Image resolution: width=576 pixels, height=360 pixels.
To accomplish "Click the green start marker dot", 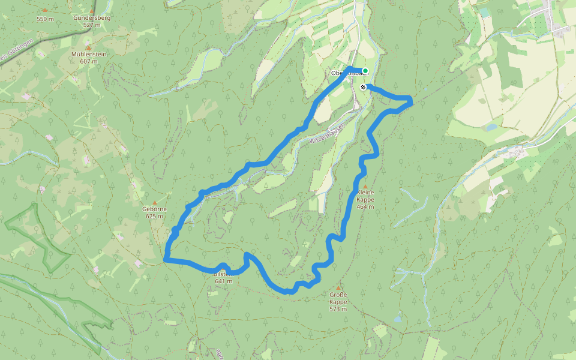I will pos(365,71).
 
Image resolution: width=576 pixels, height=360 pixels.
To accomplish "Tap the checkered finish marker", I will pos(363,87).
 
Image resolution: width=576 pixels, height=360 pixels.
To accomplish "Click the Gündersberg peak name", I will pos(92,18).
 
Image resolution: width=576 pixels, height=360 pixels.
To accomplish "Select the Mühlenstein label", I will pos(88,54).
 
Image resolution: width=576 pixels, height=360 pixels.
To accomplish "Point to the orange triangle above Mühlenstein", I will pos(88,47).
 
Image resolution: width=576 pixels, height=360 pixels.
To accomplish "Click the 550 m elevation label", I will pos(45,19).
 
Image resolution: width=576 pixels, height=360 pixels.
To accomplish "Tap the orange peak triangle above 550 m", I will pos(45,11).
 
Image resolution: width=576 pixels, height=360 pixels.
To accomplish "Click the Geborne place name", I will pos(154,209).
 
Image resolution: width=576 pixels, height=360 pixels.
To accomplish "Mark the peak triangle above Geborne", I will pos(154,202).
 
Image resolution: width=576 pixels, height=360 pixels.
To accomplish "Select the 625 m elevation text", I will pos(154,215).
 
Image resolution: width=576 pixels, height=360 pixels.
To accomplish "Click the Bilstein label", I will pos(223,274).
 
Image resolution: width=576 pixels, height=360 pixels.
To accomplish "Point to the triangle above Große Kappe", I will pos(338,288).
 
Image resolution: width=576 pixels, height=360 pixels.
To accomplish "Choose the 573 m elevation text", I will pos(338,309).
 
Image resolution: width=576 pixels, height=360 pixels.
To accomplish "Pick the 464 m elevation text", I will pos(365,206).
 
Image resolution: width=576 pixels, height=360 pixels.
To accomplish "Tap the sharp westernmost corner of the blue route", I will pos(164,260).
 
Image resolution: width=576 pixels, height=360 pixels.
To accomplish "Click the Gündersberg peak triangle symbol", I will pos(92,11).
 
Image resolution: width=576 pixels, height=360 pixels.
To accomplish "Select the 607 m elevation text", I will pos(88,61).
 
